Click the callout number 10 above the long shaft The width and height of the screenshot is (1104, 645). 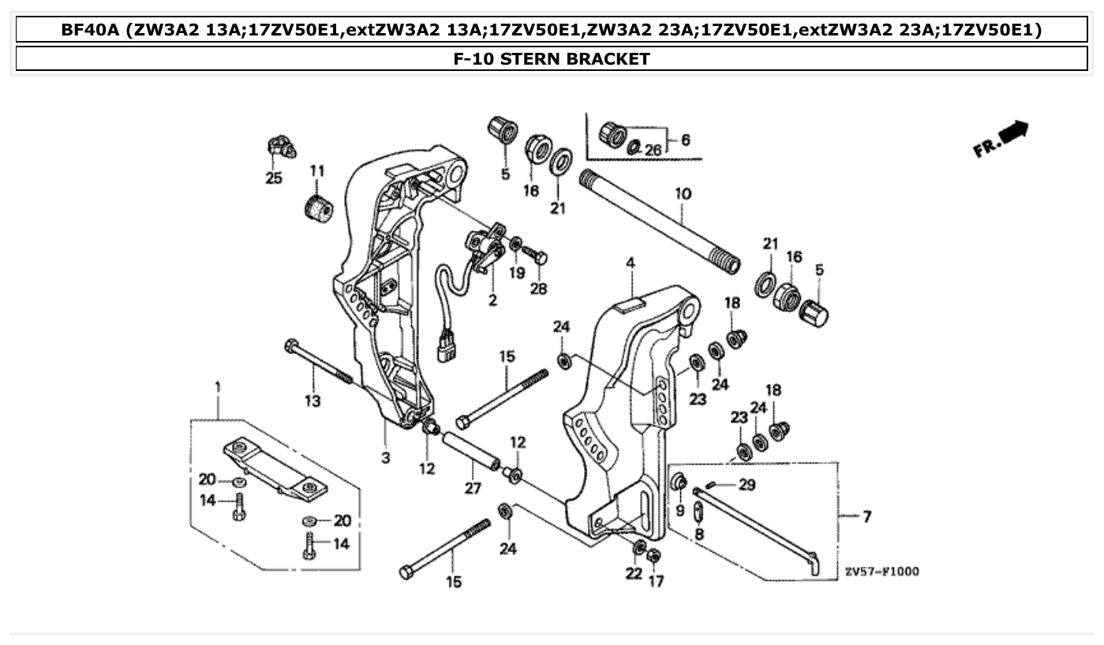[x=683, y=193]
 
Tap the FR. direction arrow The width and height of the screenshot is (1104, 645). [x=1001, y=139]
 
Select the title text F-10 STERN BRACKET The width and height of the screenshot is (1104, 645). [x=552, y=58]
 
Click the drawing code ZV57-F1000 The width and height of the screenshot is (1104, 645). [x=881, y=572]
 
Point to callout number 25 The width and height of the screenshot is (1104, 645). [x=273, y=178]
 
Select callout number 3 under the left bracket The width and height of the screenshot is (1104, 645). [x=386, y=457]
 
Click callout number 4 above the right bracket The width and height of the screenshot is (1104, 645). [x=630, y=262]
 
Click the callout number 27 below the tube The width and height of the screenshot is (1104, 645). [x=472, y=489]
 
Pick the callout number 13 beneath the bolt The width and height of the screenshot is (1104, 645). [x=312, y=401]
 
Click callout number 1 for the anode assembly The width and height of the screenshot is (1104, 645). [x=218, y=387]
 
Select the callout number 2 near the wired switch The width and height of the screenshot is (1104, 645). [x=492, y=300]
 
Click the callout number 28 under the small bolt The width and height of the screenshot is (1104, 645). [x=538, y=289]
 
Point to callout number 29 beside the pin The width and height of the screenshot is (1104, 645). [x=746, y=484]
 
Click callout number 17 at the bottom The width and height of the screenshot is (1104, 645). [x=656, y=581]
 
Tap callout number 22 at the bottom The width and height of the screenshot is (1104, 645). [x=634, y=574]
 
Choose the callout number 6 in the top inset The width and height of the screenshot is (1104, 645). [x=685, y=140]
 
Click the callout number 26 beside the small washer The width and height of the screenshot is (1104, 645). [x=653, y=150]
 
